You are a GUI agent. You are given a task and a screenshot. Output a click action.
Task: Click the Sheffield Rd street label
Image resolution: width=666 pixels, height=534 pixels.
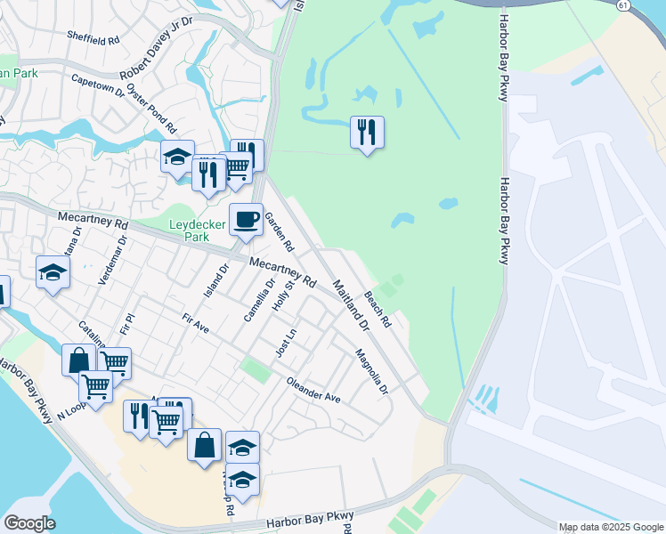[x=93, y=40]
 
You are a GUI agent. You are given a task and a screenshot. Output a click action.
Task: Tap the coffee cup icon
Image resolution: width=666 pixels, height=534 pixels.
[x=247, y=219]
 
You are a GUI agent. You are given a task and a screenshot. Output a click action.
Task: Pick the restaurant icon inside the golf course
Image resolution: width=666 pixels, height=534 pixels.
[x=367, y=133]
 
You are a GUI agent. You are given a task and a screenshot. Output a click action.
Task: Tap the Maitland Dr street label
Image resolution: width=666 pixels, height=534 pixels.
[x=350, y=305]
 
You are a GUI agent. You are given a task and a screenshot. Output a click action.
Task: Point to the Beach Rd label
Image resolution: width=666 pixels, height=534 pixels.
[x=378, y=308]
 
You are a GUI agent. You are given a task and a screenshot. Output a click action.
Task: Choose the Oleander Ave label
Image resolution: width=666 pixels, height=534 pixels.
[x=313, y=389]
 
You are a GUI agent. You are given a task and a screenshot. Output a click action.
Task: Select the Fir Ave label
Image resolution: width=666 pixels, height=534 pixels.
[x=195, y=323]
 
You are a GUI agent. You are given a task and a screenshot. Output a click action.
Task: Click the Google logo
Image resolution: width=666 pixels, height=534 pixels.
[x=29, y=523]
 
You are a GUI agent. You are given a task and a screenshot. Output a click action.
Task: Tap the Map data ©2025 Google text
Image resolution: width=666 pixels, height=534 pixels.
[x=611, y=527]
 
